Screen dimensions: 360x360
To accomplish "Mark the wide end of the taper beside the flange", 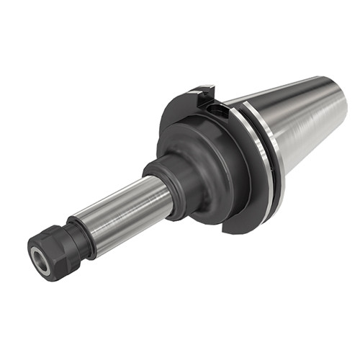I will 284,137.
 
